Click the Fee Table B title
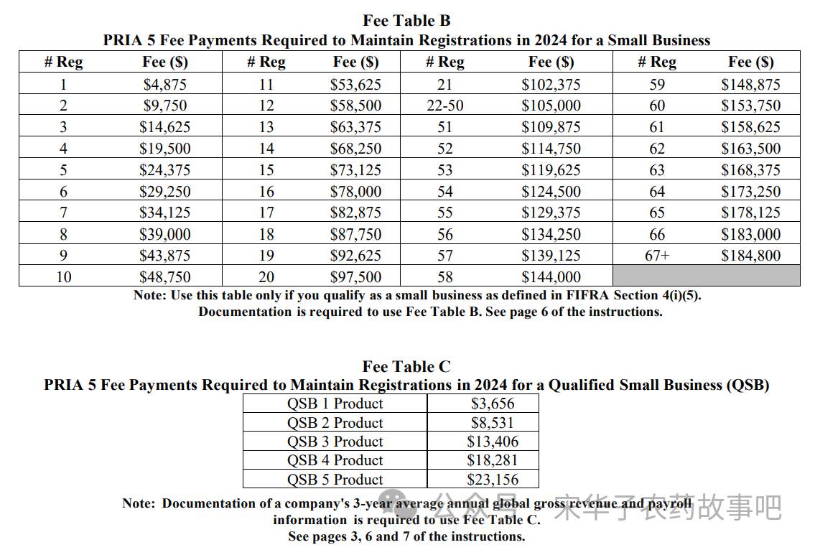point(406,20)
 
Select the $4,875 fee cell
point(164,84)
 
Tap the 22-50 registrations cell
point(445,106)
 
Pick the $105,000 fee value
point(551,106)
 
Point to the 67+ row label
point(657,255)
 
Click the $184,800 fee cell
point(750,255)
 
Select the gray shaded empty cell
point(707,276)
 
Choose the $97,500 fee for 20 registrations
point(355,276)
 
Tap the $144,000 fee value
point(551,276)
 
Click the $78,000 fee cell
point(355,191)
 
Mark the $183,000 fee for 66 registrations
point(750,234)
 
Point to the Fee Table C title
point(406,366)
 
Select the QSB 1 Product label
point(335,404)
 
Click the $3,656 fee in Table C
point(493,404)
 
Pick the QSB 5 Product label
point(335,480)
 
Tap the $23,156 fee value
point(493,480)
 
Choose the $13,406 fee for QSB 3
point(493,442)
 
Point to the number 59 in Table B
point(657,84)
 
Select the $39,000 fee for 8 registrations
point(164,234)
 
